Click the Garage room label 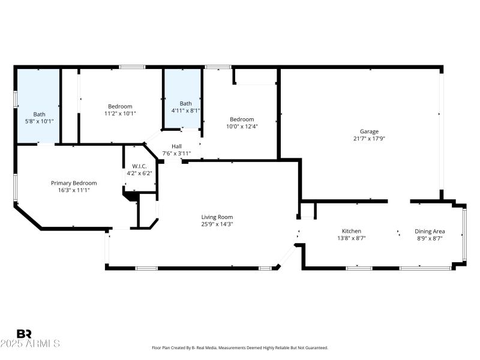coord(369,131)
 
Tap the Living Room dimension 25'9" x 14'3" coord(217,224)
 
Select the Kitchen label coord(351,231)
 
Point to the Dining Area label coord(430,231)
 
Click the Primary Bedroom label coord(74,183)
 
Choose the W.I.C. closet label coord(139,166)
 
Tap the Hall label coord(176,146)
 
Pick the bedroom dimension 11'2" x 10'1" coord(120,113)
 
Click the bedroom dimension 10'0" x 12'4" coord(242,126)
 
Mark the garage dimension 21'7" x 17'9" coord(369,139)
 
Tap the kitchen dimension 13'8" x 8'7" coord(351,238)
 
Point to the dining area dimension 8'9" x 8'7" coord(430,238)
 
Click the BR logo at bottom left coord(24,334)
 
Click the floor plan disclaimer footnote coord(239,348)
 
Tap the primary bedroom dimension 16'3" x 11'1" coord(74,190)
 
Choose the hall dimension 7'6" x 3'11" coord(176,153)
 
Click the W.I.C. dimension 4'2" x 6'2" coord(139,173)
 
